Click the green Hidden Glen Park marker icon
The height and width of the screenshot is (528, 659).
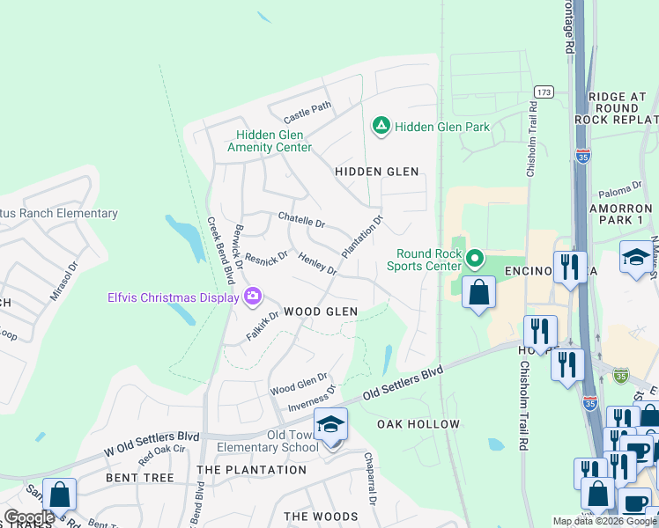pyautogui.click(x=381, y=127)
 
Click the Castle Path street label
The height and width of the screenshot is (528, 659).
pyautogui.click(x=307, y=113)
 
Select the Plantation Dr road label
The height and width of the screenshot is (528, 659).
pyautogui.click(x=362, y=237)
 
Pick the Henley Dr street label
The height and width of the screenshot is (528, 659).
pyautogui.click(x=318, y=263)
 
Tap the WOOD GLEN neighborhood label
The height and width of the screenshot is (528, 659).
pyautogui.click(x=321, y=312)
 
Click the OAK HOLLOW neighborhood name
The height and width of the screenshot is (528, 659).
pyautogui.click(x=418, y=424)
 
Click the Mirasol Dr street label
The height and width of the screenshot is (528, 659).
pyautogui.click(x=64, y=281)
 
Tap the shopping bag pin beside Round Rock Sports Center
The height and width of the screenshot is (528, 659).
pyautogui.click(x=478, y=293)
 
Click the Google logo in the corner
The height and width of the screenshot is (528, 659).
pyautogui.click(x=28, y=517)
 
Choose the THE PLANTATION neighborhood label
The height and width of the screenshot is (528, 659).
pyautogui.click(x=251, y=470)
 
